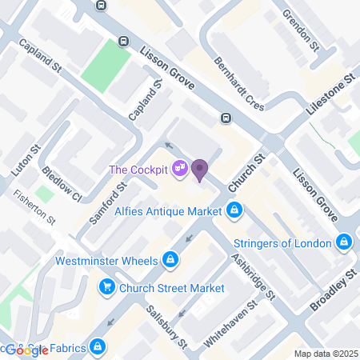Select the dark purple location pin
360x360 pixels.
point(199,169)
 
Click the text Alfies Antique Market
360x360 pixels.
point(168,211)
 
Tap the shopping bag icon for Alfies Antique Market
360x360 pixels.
point(234,211)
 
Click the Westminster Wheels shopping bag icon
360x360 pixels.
point(170,259)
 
